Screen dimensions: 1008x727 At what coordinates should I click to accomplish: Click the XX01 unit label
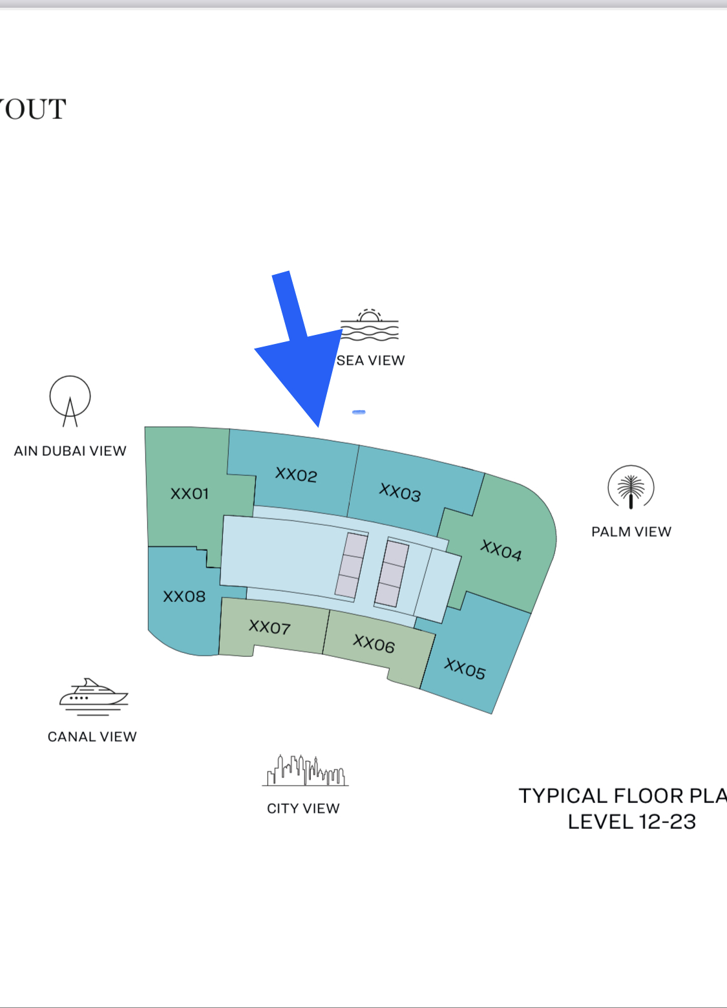[189, 494]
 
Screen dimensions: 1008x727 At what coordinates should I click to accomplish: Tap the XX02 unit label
[296, 475]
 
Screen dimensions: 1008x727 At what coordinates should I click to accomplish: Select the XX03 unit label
[400, 492]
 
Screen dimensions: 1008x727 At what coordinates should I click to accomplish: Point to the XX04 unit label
[501, 551]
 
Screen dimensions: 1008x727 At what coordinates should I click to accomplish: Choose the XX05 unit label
[465, 669]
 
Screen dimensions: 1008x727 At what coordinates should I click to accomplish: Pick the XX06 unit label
[374, 643]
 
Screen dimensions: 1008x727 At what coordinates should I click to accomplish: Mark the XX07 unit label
[269, 627]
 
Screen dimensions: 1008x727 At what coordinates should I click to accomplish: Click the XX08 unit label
[184, 596]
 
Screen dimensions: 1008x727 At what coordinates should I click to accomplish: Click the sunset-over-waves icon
[369, 325]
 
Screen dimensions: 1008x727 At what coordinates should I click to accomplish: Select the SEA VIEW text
[371, 361]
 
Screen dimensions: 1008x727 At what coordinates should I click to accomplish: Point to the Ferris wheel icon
[70, 401]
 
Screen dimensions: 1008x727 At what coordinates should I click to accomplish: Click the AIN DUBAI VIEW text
[70, 451]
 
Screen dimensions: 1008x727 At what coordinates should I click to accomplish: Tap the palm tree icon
[631, 488]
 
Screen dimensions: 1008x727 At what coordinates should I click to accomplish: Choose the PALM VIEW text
[631, 532]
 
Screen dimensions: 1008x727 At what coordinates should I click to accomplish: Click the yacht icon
[94, 696]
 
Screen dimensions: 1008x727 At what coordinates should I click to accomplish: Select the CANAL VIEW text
[92, 737]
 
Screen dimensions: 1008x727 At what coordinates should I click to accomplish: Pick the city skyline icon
[305, 770]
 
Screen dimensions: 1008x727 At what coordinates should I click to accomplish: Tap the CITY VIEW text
[303, 809]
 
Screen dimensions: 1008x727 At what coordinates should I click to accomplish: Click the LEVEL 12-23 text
[631, 822]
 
